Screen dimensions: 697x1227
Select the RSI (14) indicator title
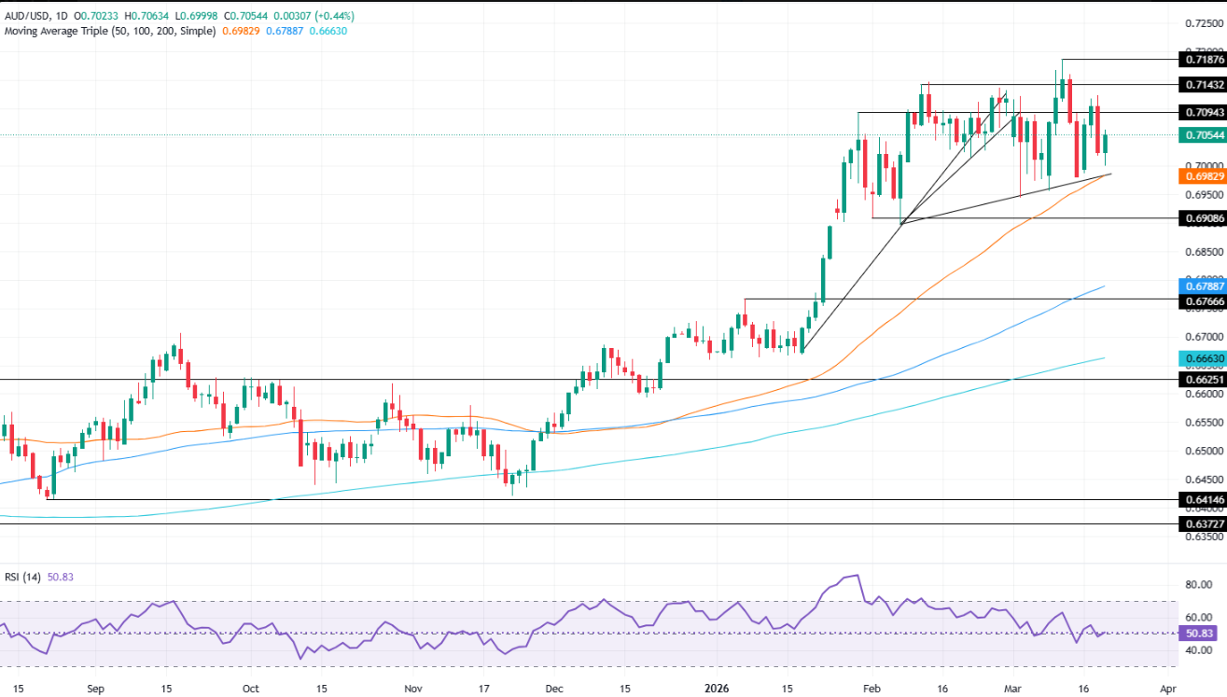coord(25,577)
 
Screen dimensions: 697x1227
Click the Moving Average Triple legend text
coord(110,31)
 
